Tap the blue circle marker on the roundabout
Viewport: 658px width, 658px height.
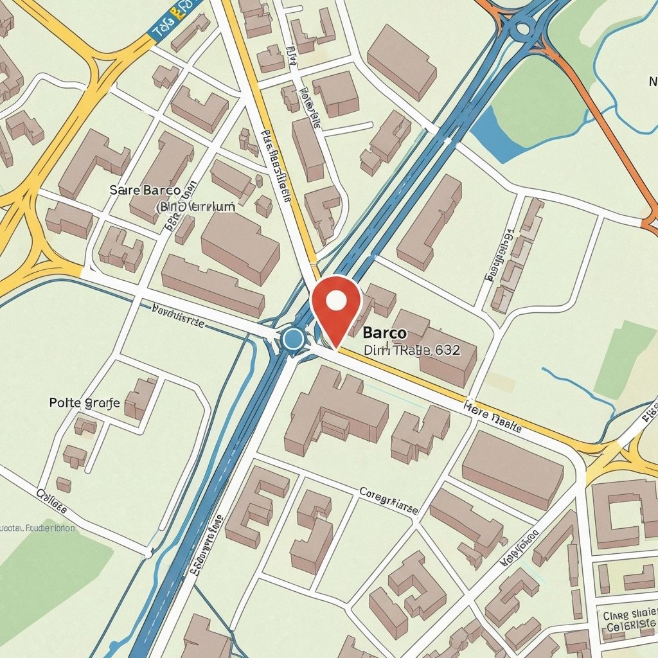pos(294,339)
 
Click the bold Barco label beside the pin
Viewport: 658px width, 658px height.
pos(384,333)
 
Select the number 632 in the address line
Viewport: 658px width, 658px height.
pos(447,350)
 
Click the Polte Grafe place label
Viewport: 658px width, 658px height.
pos(84,404)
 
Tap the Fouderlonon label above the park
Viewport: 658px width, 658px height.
pos(37,528)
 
